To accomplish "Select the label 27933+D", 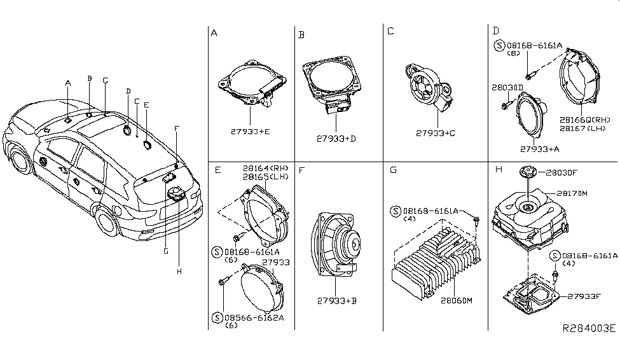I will [x=336, y=139].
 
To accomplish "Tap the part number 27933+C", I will [x=437, y=134].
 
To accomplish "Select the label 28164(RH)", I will [x=265, y=168].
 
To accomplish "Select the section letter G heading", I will [x=393, y=170].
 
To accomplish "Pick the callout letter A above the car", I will [x=67, y=83].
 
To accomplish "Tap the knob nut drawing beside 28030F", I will [x=527, y=170].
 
